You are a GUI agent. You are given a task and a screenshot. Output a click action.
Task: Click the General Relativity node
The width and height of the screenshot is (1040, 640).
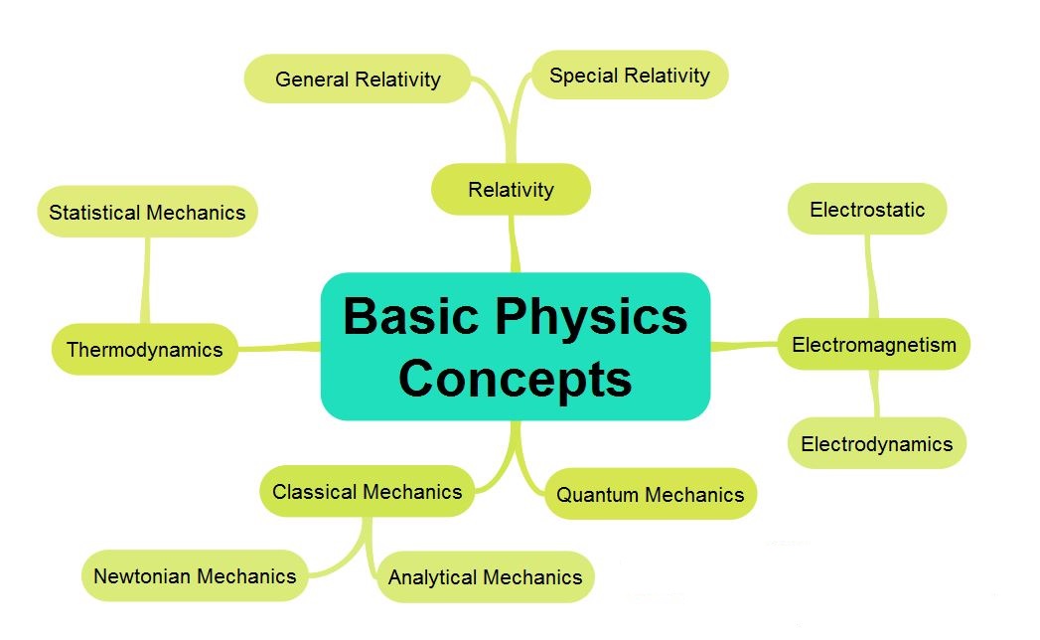click(358, 79)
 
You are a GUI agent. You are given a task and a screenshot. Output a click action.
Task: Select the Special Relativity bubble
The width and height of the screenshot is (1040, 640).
click(630, 76)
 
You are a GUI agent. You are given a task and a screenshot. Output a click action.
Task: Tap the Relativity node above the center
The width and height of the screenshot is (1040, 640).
click(511, 189)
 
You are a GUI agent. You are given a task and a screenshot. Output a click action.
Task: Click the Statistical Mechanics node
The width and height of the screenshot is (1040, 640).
click(147, 212)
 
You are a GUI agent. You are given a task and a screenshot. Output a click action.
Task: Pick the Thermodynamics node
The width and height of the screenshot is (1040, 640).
click(144, 349)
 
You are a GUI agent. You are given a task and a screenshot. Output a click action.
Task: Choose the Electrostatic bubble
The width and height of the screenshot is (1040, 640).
click(867, 209)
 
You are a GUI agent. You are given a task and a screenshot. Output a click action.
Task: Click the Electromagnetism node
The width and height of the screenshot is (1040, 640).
click(873, 345)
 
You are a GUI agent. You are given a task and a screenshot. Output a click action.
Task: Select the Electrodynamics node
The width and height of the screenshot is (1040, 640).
click(876, 443)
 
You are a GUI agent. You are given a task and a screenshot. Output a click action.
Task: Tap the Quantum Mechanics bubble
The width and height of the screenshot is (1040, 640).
click(650, 494)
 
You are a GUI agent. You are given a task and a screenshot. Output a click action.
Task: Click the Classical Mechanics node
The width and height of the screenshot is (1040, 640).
click(367, 491)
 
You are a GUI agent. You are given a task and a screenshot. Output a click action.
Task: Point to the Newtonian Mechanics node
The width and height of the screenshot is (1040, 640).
click(195, 575)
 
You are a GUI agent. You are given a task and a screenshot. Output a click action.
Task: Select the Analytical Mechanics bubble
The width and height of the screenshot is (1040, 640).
click(485, 576)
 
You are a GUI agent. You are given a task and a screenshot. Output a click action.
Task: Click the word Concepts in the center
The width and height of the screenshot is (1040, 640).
click(516, 379)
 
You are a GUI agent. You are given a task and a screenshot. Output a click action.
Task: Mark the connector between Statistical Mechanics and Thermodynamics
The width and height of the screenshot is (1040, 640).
click(147, 280)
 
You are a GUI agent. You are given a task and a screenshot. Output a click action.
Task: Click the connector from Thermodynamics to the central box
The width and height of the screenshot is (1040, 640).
click(279, 347)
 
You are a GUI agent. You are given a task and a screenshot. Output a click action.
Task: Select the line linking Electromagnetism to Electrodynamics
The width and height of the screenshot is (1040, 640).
click(875, 394)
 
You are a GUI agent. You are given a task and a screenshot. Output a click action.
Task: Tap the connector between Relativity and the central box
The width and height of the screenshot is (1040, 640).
click(514, 243)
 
